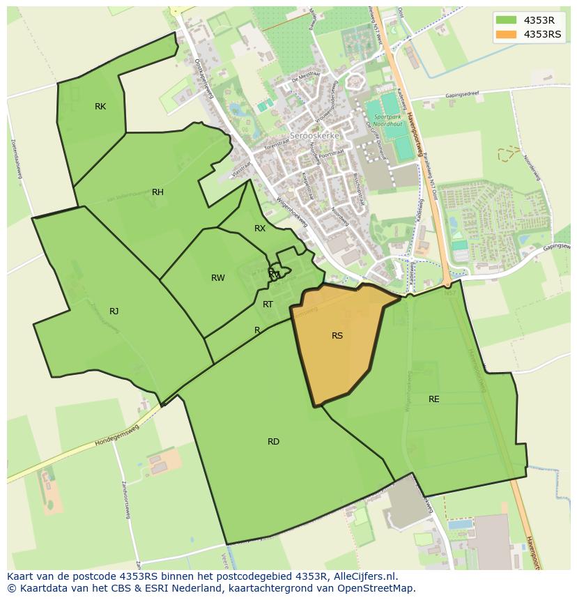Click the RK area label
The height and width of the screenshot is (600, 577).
pos(100,107)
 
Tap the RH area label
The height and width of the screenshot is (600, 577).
pos(157,192)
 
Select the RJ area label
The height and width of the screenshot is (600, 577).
pos(114,311)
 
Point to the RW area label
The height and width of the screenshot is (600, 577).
pos(218,278)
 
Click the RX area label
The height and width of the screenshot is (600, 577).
pos(260,229)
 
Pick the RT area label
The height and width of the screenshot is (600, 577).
pos(268,305)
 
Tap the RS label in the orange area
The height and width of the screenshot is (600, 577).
pos(337,336)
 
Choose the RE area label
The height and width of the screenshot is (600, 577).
pos(434,399)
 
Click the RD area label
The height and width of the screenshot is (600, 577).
pos(273,442)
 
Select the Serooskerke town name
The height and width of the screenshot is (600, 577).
pos(315,137)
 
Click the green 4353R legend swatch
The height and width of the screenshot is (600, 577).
pos(507,20)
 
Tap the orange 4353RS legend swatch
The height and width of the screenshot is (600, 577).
pos(507,34)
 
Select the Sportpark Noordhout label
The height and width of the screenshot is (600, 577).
pos(388,121)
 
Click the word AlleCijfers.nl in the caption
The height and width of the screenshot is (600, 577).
pos(365,576)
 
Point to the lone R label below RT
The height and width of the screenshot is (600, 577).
pos(257,330)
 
